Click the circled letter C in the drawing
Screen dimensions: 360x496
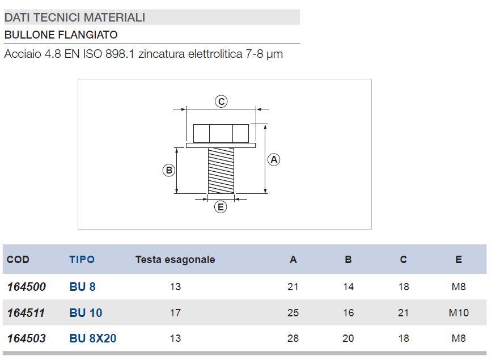pos(221,101)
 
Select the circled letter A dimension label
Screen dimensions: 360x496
pos(274,159)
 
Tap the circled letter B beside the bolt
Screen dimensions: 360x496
pos(168,170)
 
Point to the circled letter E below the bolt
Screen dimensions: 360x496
pos(221,207)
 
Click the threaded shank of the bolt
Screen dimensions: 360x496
pos(221,171)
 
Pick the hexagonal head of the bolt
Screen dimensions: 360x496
pos(221,133)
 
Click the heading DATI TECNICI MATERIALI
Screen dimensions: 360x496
pos(75,18)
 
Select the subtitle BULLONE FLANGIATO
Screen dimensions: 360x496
pos(61,35)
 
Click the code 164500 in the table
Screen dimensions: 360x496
pos(27,287)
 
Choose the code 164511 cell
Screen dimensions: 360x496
pos(27,313)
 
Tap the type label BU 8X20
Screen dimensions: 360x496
pos(93,339)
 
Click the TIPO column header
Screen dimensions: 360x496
pos(82,260)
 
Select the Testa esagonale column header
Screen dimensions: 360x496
pos(175,260)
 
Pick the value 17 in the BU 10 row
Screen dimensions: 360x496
pos(175,313)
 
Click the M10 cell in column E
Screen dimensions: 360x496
pos(459,313)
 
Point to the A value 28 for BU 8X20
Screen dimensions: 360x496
pos(293,339)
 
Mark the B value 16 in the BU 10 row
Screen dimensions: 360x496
pos(348,313)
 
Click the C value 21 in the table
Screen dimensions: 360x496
pos(403,313)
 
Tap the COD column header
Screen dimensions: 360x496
pos(18,260)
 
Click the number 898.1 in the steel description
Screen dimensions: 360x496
pos(120,54)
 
